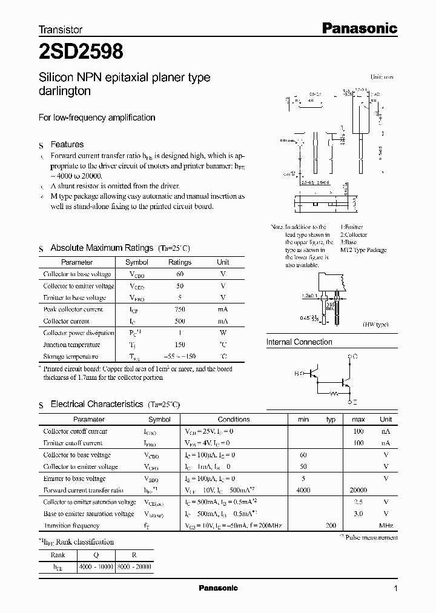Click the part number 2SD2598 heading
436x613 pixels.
point(81,52)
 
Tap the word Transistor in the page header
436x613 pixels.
point(61,29)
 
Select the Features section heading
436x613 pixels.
point(67,145)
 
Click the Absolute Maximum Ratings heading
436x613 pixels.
point(101,248)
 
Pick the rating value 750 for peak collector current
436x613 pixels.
point(179,309)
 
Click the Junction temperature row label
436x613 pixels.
point(70,345)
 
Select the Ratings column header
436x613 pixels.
point(179,262)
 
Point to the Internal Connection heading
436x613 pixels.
point(299,342)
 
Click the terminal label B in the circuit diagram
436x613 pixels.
point(297,374)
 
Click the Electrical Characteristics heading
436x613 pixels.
point(96,404)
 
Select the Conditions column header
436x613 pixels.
point(234,419)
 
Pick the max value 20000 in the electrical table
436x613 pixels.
point(358,490)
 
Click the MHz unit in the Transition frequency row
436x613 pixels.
point(386,526)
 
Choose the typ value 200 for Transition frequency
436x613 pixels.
point(331,526)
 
